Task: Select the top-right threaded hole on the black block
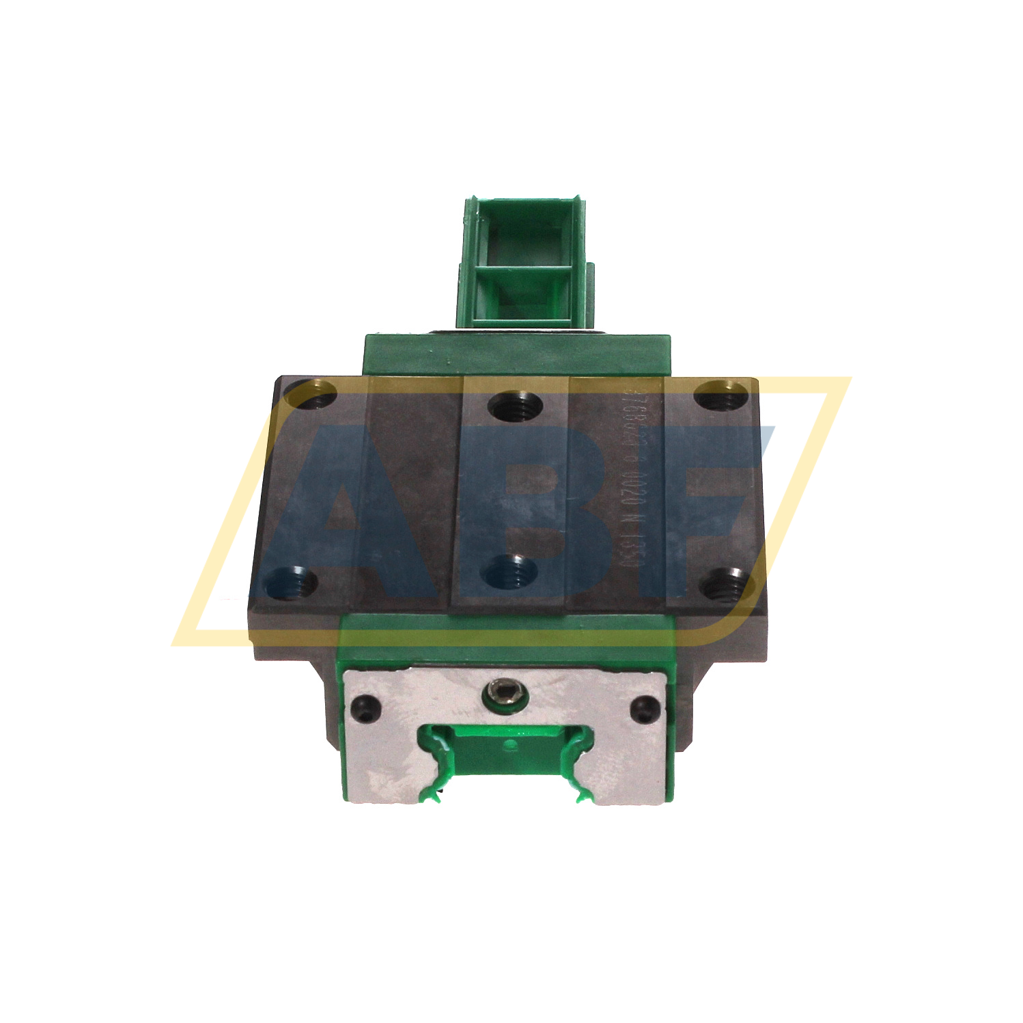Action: point(721,396)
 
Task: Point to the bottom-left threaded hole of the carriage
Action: point(292,583)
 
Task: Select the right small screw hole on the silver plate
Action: point(644,709)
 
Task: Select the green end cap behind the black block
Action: point(517,354)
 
